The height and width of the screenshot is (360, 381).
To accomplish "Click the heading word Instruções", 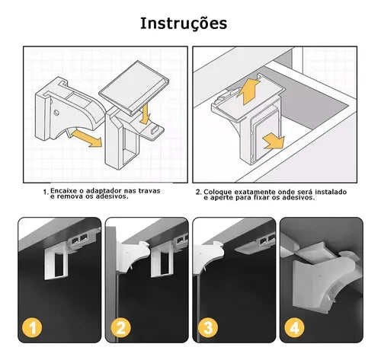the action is tap(184, 24).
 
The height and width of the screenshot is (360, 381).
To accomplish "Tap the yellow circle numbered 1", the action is tap(32, 327).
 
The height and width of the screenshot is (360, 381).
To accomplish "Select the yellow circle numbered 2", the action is tap(121, 327).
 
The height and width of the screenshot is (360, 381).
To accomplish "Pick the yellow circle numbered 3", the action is tap(208, 327).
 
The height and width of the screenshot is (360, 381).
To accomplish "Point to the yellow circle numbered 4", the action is tap(295, 327).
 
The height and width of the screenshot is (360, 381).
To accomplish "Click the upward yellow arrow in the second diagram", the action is tap(248, 91).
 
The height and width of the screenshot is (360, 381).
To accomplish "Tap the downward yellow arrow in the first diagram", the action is tap(145, 114).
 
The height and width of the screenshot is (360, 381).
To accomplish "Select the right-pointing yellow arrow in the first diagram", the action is tap(86, 139).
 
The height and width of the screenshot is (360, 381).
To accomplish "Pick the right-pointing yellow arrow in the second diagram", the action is tap(274, 141).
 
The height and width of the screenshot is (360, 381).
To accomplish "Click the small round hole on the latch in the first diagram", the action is tap(56, 112).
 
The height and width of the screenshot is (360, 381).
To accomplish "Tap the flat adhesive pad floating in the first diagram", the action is tap(134, 88).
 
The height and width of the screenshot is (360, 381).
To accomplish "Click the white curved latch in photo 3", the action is tap(209, 256).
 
